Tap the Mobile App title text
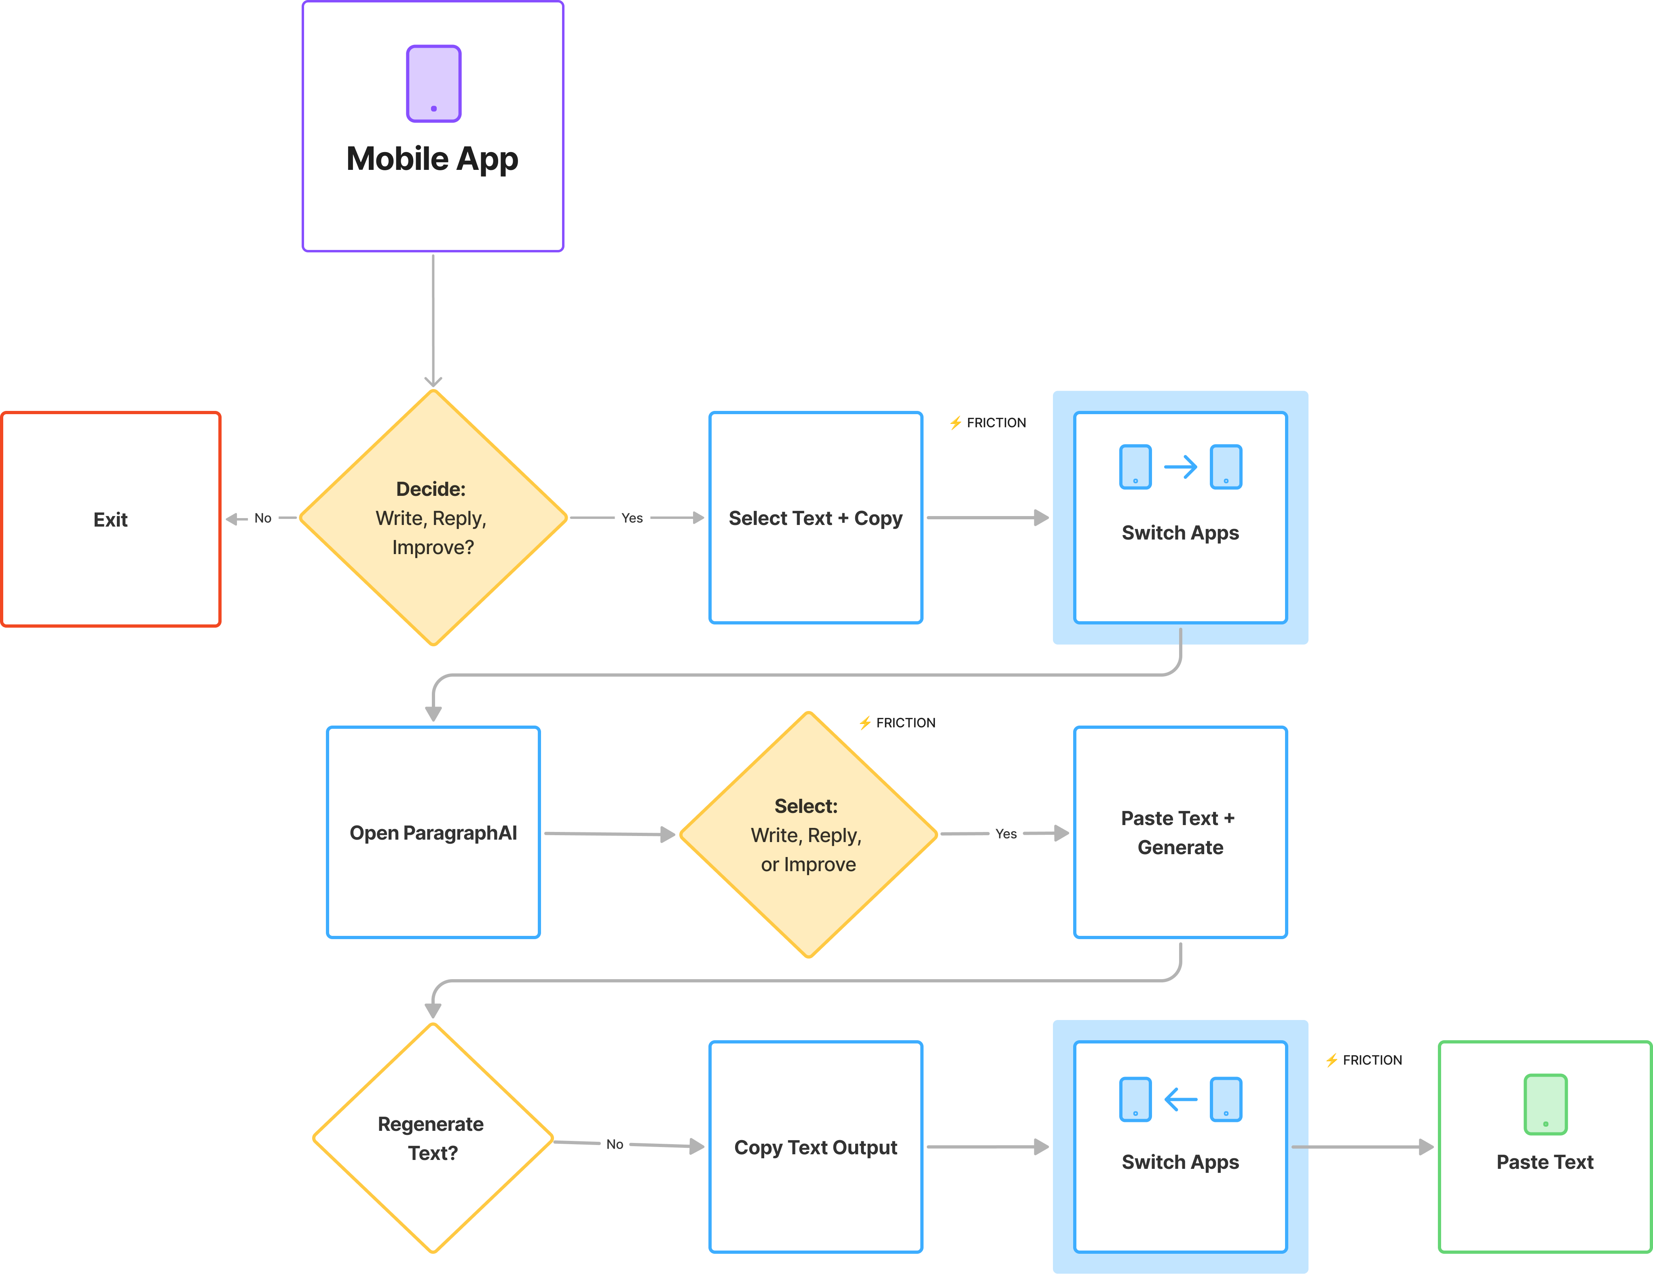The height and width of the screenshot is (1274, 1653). click(432, 159)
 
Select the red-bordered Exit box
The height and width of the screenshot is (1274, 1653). click(110, 519)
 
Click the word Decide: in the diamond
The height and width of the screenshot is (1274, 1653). click(431, 489)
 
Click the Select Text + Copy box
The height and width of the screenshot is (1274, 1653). click(815, 518)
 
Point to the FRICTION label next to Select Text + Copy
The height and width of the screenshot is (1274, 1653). click(989, 422)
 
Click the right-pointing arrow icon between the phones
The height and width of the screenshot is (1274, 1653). click(1180, 466)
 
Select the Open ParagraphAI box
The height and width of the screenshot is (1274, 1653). click(433, 833)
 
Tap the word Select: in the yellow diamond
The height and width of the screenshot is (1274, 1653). click(806, 806)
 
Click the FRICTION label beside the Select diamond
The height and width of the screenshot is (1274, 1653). click(898, 723)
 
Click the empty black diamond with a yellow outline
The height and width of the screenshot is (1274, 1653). click(433, 1138)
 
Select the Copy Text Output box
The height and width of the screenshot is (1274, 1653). click(815, 1147)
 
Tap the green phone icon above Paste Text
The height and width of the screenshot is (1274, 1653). click(1545, 1104)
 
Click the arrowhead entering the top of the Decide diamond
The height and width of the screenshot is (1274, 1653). click(433, 381)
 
